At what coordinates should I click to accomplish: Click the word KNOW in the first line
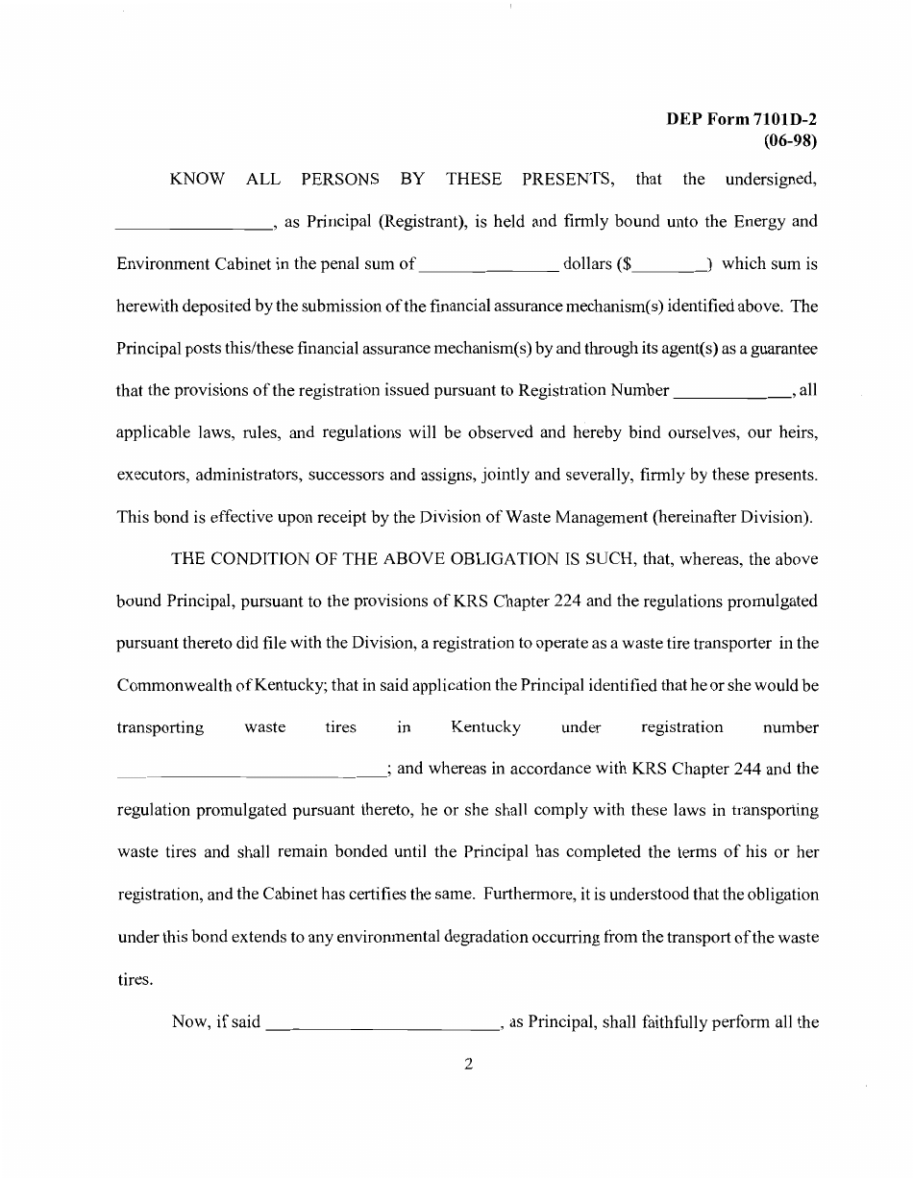point(198,179)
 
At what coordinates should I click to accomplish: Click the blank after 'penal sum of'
point(490,269)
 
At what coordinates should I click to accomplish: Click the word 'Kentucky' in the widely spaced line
point(485,727)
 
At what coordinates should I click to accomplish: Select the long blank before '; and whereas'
point(250,773)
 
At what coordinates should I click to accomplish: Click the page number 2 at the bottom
point(467,1064)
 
